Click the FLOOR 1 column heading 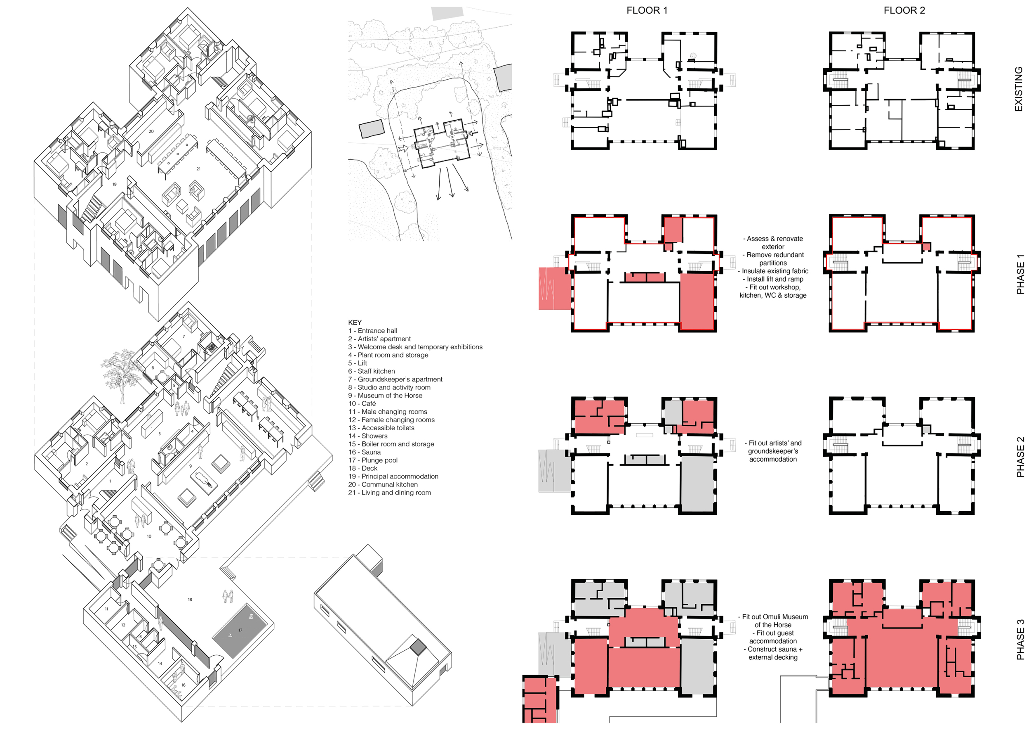pyautogui.click(x=647, y=10)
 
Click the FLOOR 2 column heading pyautogui.click(x=904, y=10)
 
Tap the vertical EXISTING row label pyautogui.click(x=1019, y=89)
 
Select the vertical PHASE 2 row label pyautogui.click(x=1020, y=457)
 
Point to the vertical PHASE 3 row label pyautogui.click(x=1020, y=640)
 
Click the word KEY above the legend pyautogui.click(x=355, y=322)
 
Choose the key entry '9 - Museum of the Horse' pyautogui.click(x=385, y=396)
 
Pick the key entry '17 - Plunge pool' pyautogui.click(x=373, y=460)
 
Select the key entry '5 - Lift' pyautogui.click(x=358, y=363)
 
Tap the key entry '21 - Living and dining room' pyautogui.click(x=389, y=493)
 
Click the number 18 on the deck pyautogui.click(x=190, y=600)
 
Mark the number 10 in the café pyautogui.click(x=149, y=536)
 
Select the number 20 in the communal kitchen pyautogui.click(x=151, y=132)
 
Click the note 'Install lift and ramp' pyautogui.click(x=773, y=279)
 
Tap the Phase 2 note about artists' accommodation pyautogui.click(x=773, y=451)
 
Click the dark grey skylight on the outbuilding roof pyautogui.click(x=418, y=647)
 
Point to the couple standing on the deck pyautogui.click(x=228, y=597)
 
